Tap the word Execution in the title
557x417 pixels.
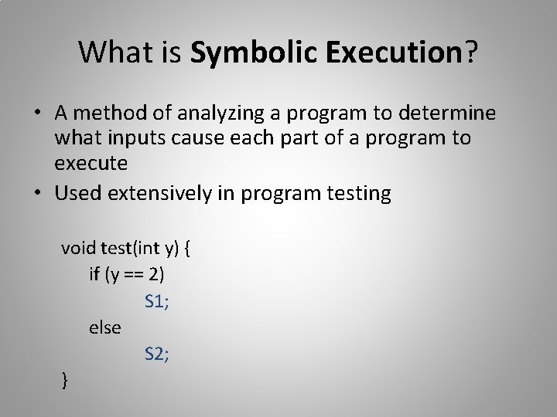394,53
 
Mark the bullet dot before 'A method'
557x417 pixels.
37,114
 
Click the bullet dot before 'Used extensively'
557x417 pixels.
37,193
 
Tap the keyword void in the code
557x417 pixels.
77,249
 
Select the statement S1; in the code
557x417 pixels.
157,301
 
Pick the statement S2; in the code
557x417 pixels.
157,354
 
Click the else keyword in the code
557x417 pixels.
104,327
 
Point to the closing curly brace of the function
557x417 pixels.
65,380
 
